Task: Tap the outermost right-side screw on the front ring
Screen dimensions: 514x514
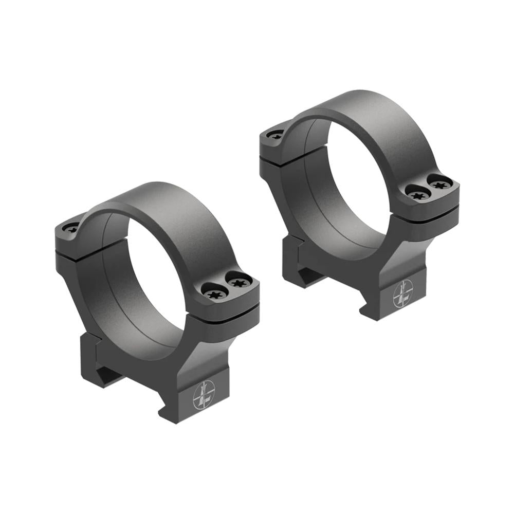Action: click(x=238, y=282)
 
